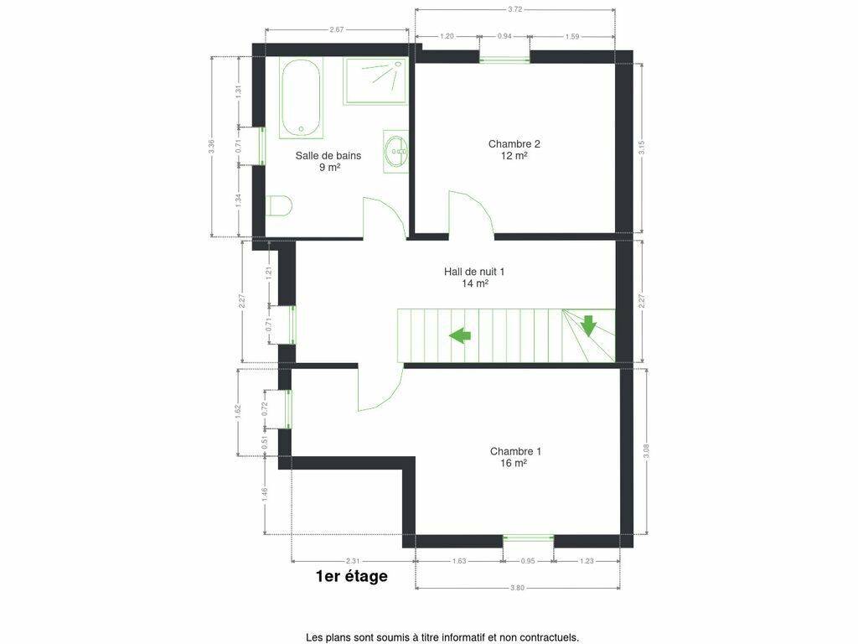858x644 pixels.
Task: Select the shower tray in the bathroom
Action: coord(375,81)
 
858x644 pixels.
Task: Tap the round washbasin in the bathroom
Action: coord(395,151)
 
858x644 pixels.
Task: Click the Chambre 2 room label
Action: coord(514,149)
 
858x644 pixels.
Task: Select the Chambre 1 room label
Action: coord(515,457)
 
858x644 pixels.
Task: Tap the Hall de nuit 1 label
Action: coord(474,277)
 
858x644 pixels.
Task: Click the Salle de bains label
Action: coord(328,161)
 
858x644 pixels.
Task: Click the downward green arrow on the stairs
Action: coord(588,325)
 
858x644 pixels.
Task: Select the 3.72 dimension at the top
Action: coord(515,9)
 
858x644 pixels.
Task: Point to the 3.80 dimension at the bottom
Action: coord(517,588)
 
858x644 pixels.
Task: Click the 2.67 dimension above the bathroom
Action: coord(337,29)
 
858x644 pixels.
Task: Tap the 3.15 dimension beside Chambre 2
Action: coord(642,148)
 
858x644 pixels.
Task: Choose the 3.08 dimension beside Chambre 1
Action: coord(646,450)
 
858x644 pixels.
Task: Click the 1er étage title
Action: coord(352,576)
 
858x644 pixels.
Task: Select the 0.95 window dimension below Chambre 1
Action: coord(528,561)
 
